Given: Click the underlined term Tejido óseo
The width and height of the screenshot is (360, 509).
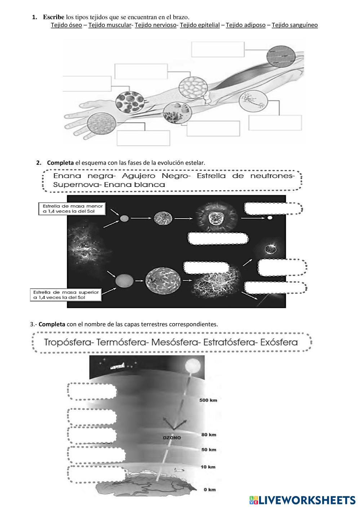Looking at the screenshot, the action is [x=66, y=25].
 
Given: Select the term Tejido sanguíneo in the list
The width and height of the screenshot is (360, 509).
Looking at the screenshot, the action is [x=294, y=25].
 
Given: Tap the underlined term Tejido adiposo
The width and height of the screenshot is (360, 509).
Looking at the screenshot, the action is [x=245, y=25].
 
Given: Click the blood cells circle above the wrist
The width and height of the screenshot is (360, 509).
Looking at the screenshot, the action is [x=130, y=101].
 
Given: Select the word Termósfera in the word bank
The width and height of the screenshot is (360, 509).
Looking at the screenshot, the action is [x=123, y=342].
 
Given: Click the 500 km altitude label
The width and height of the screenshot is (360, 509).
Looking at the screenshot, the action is [x=208, y=400].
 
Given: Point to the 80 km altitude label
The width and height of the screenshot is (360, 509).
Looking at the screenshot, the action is [x=209, y=434].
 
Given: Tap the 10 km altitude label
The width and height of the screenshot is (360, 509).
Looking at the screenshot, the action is [x=208, y=467].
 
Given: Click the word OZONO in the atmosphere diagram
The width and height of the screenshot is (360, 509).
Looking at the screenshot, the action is [x=172, y=438].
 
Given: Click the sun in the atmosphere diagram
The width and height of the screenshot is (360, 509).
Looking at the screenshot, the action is [x=192, y=367].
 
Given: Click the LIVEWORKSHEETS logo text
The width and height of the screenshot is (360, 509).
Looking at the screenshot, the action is [x=307, y=500].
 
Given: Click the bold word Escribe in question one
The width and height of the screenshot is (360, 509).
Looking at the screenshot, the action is [x=54, y=17].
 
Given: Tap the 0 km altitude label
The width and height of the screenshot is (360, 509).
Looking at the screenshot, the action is [x=209, y=489].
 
